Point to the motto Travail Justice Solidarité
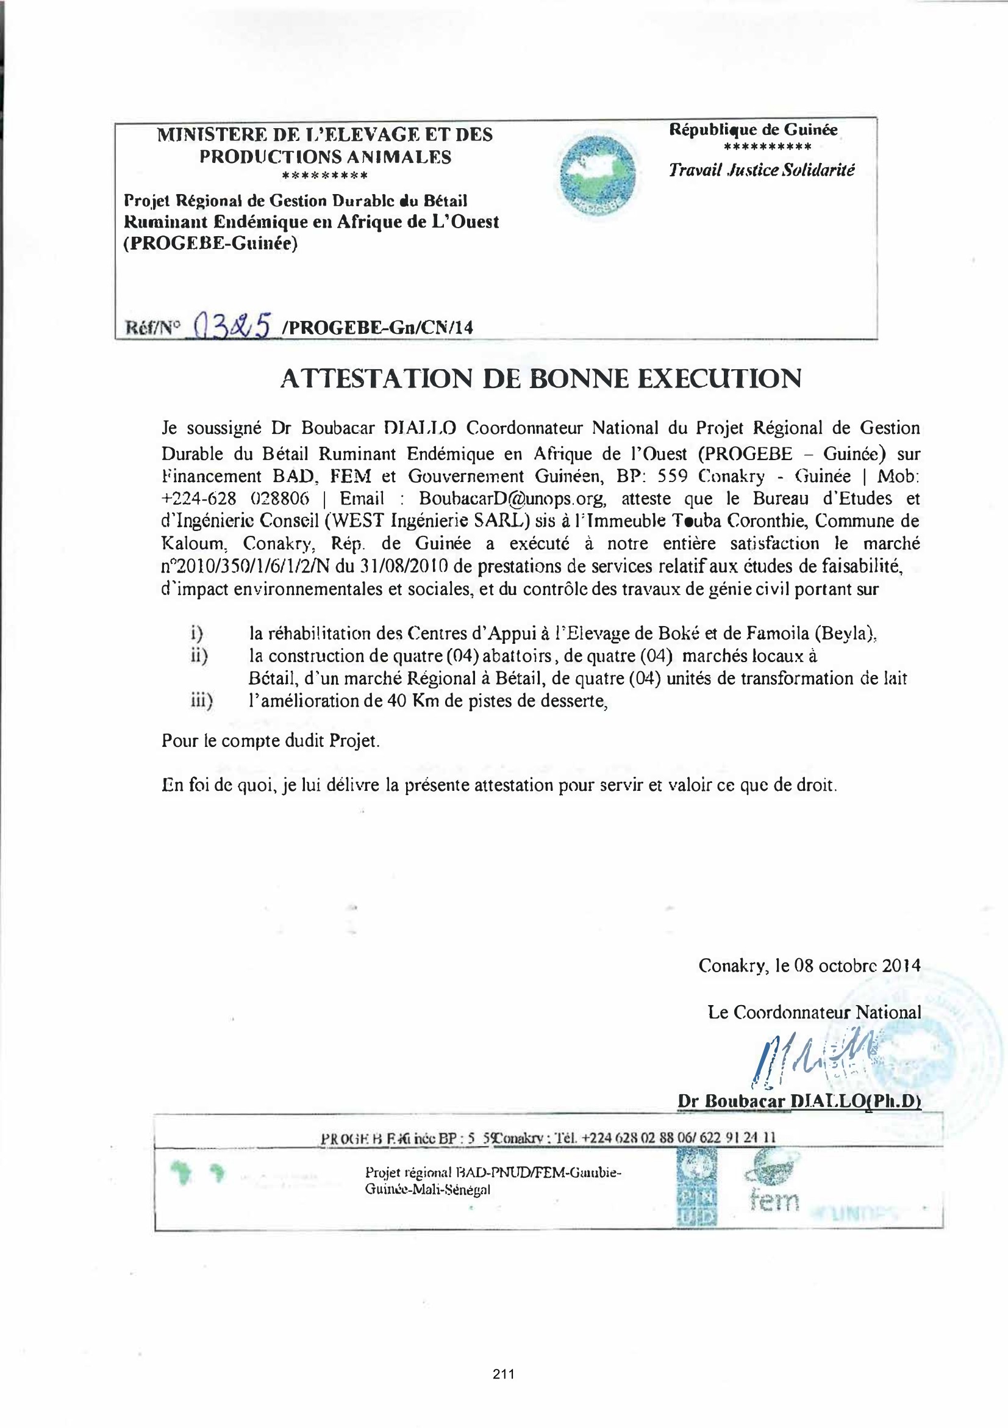coord(761,170)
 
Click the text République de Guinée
coord(753,130)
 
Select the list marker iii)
coord(201,701)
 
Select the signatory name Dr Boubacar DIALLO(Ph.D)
coord(799,1101)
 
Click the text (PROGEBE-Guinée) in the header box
coord(210,243)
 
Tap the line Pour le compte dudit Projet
coord(270,741)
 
